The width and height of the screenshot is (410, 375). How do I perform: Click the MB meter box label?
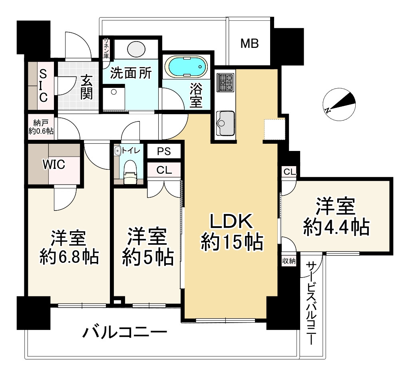pos(249,44)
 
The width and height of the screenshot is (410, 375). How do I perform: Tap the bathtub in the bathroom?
pos(187,66)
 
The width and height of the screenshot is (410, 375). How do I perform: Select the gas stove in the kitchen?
pos(225,83)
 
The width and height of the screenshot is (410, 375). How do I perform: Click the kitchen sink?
pos(225,121)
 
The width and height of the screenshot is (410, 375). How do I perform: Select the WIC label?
pos(54,164)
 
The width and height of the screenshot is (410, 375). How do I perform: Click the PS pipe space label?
pos(164,152)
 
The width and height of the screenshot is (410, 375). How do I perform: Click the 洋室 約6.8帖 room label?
pos(69,247)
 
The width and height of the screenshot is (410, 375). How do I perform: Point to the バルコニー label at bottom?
pos(124,332)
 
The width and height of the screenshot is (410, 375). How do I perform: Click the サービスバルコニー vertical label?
pos(311,303)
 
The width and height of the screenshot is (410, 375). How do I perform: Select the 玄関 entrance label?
pos(86,87)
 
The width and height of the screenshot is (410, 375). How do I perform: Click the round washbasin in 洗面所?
pos(136,50)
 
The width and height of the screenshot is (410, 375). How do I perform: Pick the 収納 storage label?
pos(289,262)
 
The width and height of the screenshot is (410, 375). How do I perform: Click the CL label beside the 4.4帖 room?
pos(290,172)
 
